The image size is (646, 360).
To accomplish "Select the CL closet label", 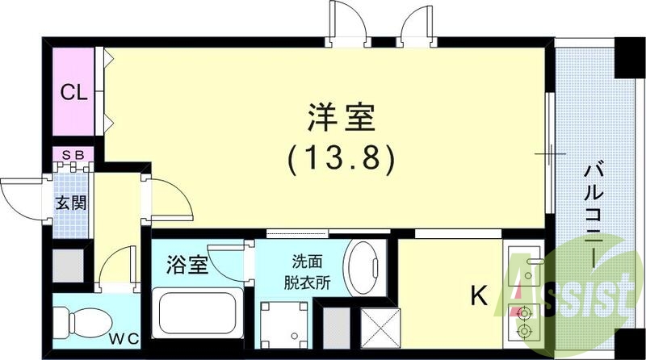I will point(74,92).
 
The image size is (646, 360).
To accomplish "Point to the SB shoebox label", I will point(73,153).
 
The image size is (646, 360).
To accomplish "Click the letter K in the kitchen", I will point(480,297).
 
